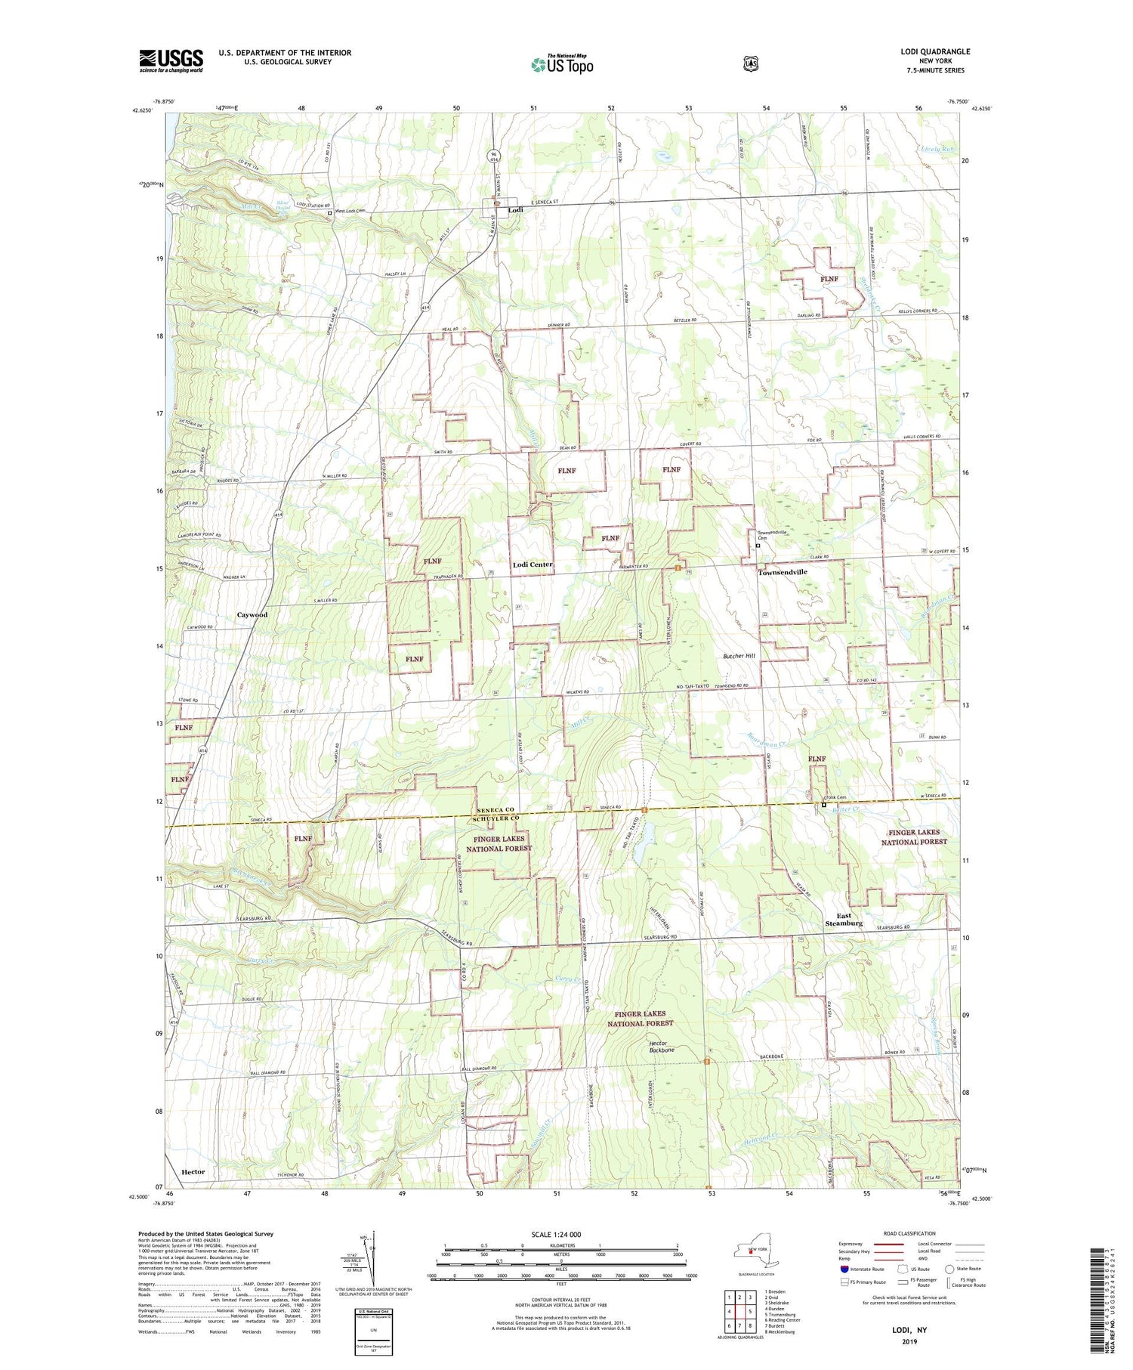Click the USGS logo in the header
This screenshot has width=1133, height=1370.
point(171,60)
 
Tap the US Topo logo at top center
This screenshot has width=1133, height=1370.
point(562,63)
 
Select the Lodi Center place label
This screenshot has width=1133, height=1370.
point(533,564)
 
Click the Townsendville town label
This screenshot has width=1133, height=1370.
point(783,572)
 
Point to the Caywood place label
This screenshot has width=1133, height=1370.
point(252,615)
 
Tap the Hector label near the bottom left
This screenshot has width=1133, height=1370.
point(193,1171)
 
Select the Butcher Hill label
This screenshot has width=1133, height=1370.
point(739,656)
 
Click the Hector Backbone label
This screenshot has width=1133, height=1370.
point(662,1047)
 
